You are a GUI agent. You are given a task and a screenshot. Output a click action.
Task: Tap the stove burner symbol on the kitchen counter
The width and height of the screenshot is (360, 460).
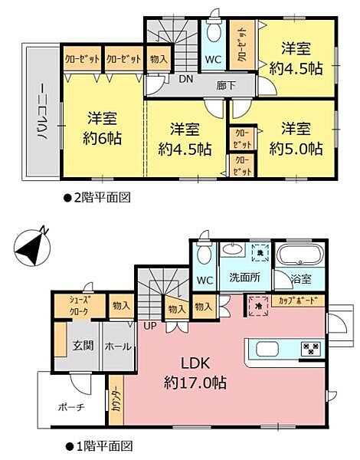tap(310, 348)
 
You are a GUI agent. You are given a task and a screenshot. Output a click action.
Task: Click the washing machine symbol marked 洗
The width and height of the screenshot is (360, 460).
tap(257, 253)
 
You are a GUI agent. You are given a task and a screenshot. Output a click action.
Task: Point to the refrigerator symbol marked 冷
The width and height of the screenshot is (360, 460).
tap(257, 304)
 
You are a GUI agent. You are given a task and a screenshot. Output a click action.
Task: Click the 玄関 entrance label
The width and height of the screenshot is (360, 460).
tap(82, 346)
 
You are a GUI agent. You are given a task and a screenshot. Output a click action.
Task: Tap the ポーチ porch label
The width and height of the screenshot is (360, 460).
tap(70, 406)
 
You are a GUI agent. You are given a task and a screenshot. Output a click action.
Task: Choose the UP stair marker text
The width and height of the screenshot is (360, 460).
tap(149, 326)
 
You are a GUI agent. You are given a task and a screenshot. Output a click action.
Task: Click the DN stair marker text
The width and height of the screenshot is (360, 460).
tap(185, 79)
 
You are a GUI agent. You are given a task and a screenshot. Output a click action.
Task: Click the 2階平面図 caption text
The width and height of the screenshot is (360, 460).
tap(100, 197)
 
